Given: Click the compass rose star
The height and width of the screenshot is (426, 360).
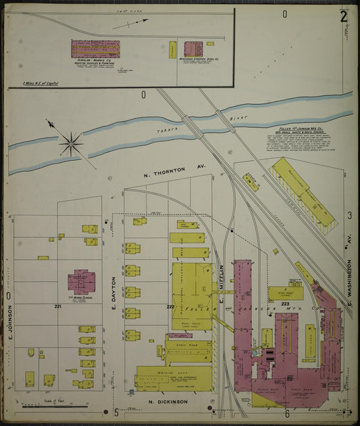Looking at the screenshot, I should click(70, 143).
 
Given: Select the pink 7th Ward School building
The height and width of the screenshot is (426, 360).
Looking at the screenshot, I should click(81, 281).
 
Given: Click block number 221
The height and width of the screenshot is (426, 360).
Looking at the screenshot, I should click(58, 306).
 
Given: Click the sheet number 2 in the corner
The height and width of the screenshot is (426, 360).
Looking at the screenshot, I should click(344, 16).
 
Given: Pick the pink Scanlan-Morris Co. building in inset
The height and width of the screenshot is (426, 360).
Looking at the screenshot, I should click(95, 49).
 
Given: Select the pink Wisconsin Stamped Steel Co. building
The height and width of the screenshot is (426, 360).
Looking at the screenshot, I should click(193, 49).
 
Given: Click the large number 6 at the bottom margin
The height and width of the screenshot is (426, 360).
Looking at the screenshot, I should click(287, 412).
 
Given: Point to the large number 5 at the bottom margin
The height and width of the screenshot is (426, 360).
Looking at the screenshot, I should click(115, 412).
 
